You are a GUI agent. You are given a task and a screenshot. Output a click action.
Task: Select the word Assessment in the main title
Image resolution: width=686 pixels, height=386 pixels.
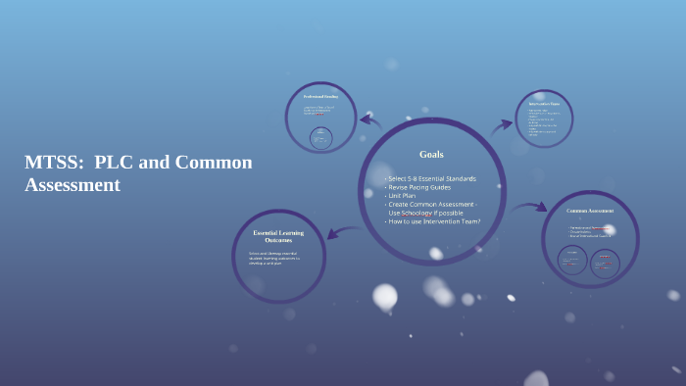coord(73,184)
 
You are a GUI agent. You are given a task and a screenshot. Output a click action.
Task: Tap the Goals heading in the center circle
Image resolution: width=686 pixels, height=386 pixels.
coord(431,155)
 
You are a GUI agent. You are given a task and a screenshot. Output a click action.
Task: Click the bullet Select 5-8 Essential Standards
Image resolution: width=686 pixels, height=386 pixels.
coord(431,178)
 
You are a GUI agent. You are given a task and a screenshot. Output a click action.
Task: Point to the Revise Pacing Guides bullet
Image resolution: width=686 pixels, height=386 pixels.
coord(420,187)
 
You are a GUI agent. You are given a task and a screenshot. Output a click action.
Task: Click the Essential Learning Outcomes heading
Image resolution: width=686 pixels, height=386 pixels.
coord(278,236)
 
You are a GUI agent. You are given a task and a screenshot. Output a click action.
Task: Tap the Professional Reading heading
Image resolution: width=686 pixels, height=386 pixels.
coord(319,97)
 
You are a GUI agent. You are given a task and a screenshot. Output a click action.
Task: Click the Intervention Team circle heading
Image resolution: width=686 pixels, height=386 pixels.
coord(544,103)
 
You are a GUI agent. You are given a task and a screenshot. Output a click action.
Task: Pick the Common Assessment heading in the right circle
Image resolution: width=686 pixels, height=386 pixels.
coord(590,212)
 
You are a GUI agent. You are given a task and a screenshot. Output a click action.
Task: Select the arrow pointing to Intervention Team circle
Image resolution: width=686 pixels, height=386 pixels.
coord(502,124)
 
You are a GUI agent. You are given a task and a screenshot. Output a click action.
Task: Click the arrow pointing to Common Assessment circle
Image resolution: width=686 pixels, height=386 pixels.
coord(529,207)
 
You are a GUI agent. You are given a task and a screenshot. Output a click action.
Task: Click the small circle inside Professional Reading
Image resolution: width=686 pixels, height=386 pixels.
coord(320,138)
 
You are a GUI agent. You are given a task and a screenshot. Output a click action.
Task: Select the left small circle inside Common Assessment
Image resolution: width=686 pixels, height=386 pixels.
coord(572,260)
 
